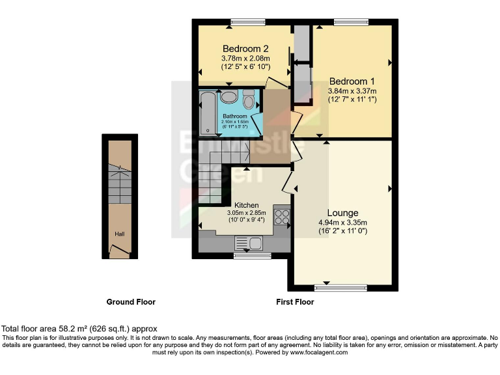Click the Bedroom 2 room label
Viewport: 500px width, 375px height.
[245, 49]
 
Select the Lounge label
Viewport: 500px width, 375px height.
[342, 213]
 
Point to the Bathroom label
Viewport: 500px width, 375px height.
[234, 117]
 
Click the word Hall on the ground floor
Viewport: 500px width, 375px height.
[120, 234]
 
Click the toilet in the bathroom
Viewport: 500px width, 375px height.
[248, 100]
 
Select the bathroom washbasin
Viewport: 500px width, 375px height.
[229, 98]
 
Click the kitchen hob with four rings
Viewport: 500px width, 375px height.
[283, 217]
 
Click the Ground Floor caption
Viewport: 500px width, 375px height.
[131, 302]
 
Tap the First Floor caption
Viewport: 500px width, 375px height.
[295, 302]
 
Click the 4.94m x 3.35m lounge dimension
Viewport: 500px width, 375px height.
[342, 222]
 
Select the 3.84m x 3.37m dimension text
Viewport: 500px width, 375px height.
[352, 91]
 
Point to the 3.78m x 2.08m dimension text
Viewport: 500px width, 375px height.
[245, 58]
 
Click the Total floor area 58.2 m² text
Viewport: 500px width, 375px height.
[79, 329]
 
